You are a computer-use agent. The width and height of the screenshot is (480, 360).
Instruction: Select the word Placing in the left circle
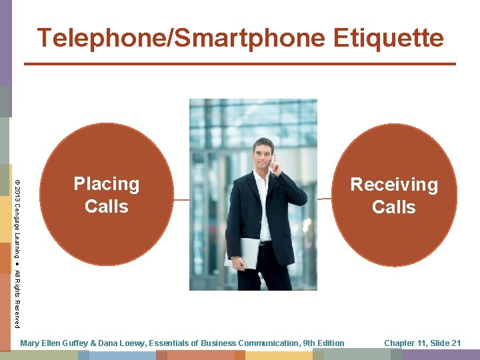pyautogui.click(x=107, y=184)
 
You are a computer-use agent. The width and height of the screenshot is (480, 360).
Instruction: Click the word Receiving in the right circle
pyautogui.click(x=394, y=185)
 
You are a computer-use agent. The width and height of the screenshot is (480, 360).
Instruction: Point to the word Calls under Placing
pyautogui.click(x=107, y=207)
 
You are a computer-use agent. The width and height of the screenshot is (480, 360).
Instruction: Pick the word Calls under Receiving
pyautogui.click(x=394, y=207)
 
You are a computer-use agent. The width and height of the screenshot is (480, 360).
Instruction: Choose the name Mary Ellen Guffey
pyautogui.click(x=58, y=343)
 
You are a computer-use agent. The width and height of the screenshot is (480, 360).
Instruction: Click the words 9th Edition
pyautogui.click(x=323, y=343)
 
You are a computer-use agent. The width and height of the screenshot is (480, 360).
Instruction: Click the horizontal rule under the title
pyautogui.click(x=240, y=64)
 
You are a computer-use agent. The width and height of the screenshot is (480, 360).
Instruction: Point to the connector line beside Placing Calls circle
pyautogui.click(x=181, y=199)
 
